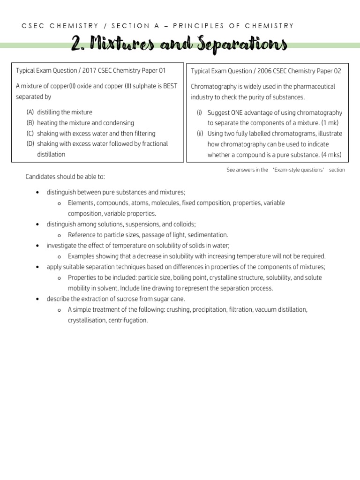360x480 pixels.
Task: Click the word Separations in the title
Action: [x=245, y=45]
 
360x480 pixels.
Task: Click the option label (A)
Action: [x=30, y=112]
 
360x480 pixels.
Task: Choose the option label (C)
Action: [x=30, y=133]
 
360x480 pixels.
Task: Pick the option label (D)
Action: [x=30, y=143]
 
